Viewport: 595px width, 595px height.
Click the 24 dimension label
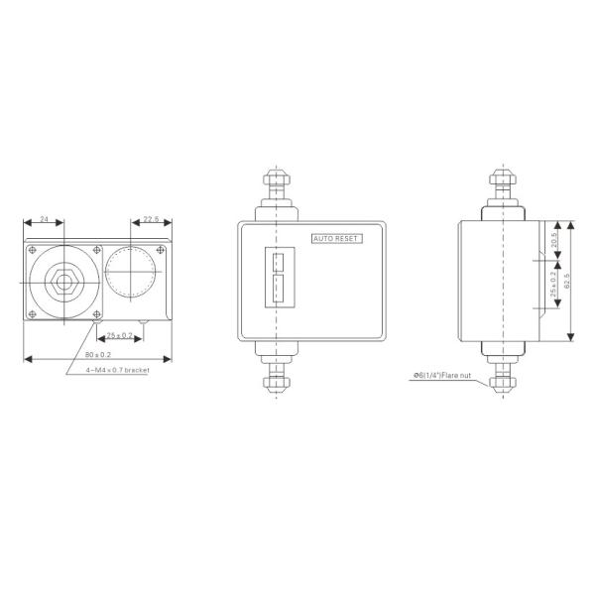pos(44,220)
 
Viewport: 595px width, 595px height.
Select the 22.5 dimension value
pos(151,219)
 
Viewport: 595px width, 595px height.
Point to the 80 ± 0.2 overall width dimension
pos(96,352)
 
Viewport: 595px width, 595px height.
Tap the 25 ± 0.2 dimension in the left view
pos(120,334)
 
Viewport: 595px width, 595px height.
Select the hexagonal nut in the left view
pos(63,281)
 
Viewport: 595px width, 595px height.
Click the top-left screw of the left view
pos(35,249)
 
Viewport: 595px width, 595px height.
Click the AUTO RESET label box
pos(337,239)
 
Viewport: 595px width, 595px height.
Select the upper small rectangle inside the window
pos(279,263)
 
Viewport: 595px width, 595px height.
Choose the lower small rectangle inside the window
pos(279,290)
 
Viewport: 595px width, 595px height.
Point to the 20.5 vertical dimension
pos(553,241)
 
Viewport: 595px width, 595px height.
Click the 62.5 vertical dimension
pos(567,281)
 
